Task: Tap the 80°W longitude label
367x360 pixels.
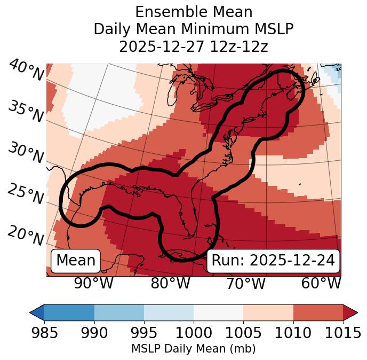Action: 170,283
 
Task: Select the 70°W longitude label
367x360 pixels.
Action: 246,283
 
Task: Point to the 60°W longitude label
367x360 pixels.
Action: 321,283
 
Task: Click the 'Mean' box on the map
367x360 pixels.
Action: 76,261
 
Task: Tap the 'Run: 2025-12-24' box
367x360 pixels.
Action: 273,261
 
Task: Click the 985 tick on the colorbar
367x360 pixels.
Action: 44,333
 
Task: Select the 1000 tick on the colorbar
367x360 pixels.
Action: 194,333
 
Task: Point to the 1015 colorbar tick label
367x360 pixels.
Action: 342,333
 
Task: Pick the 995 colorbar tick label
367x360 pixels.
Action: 144,333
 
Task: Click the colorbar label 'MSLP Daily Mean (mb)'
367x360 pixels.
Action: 193,349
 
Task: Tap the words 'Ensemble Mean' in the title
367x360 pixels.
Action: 193,12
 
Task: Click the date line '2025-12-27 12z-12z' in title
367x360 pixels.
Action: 193,46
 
